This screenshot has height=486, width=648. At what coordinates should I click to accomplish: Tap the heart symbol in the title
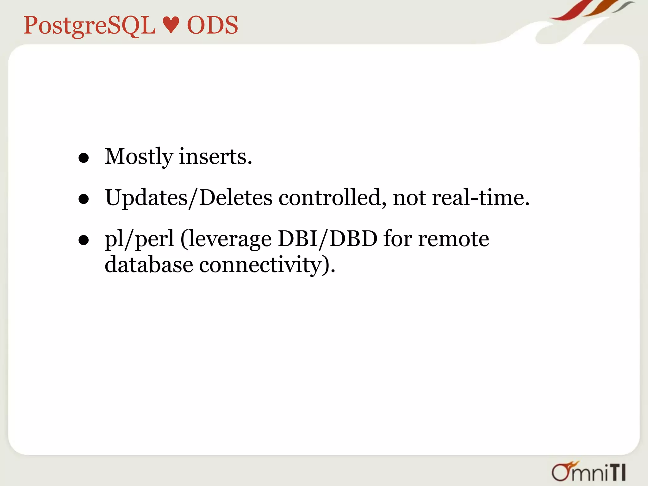(171, 25)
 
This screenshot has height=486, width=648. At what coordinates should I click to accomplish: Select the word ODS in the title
(212, 25)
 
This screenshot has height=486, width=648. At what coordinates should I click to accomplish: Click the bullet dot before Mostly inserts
(84, 158)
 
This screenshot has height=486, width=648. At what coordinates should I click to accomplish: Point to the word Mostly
(139, 157)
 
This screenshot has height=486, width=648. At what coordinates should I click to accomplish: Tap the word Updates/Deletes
(189, 198)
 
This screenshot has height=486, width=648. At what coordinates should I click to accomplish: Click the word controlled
(332, 198)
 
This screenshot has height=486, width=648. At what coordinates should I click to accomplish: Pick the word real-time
(481, 197)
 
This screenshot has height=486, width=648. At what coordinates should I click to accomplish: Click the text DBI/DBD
(327, 239)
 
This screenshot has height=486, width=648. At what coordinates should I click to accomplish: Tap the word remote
(453, 239)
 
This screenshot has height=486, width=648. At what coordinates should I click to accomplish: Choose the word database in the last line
(149, 265)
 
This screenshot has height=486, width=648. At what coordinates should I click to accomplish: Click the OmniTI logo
(589, 472)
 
